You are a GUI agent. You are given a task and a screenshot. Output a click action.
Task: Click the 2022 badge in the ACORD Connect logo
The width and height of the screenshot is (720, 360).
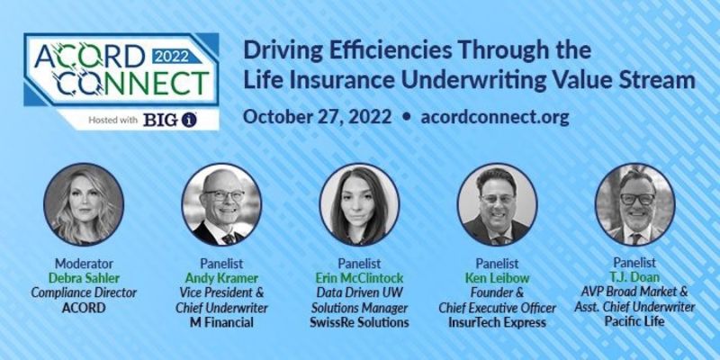[x=172, y=56]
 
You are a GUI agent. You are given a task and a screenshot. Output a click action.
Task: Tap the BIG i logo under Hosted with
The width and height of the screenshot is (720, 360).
[x=170, y=120]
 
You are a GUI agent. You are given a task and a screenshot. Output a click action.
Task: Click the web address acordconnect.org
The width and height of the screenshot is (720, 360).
[x=495, y=117]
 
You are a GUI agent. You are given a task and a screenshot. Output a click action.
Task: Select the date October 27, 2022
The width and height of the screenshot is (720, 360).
[x=318, y=117]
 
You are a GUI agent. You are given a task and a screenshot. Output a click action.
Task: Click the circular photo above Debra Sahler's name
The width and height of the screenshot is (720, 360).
[x=84, y=205]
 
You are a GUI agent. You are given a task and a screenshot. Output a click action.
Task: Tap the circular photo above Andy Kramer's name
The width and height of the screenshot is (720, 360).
[x=221, y=205]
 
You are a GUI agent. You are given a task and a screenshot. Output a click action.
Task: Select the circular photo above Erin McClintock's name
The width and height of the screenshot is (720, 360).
[x=359, y=205]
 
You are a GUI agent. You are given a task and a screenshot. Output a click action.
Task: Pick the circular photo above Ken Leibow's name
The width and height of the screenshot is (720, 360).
[x=498, y=205]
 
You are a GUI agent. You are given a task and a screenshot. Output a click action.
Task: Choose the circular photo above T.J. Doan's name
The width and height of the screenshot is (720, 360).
[x=635, y=205]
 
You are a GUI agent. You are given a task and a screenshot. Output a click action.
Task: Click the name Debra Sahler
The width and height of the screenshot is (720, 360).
[x=84, y=278]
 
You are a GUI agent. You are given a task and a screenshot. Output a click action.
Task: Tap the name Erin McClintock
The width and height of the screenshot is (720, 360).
[x=359, y=278]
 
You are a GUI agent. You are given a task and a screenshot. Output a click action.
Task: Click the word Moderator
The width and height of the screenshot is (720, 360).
[x=84, y=264]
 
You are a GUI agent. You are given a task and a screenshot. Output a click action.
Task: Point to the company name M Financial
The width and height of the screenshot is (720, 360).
[x=221, y=322]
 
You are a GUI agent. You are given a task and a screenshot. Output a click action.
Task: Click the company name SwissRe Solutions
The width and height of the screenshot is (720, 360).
[x=359, y=322]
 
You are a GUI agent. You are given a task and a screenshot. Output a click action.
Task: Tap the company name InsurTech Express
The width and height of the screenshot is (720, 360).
[x=498, y=322]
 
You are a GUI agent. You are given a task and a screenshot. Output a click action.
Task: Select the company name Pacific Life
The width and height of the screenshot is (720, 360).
[x=635, y=320]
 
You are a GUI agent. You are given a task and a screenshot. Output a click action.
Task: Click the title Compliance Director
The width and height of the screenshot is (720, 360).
[x=84, y=293]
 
